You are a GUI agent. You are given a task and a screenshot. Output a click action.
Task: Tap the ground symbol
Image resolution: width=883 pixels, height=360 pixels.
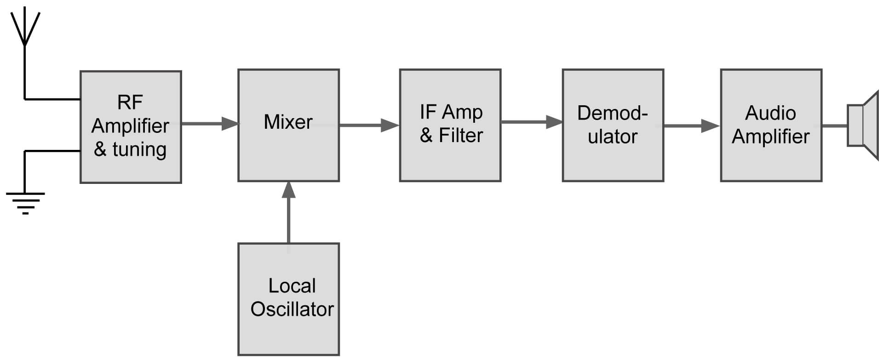click(25, 203)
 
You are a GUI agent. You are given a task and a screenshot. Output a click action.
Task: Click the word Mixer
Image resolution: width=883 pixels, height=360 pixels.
click(288, 122)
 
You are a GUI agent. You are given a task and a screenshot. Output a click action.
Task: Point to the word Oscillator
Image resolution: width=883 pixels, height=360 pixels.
click(292, 309)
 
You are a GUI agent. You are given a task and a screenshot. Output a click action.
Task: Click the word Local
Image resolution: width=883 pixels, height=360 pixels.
click(292, 286)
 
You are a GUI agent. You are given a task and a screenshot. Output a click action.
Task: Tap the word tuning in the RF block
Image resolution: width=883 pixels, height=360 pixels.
click(139, 149)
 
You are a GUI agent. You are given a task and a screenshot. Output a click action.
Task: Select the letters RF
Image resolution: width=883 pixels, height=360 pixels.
click(130, 102)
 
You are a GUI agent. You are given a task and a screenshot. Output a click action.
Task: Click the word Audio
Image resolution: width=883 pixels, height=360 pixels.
click(770, 113)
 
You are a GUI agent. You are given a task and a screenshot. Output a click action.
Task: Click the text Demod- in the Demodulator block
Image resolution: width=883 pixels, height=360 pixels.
click(612, 113)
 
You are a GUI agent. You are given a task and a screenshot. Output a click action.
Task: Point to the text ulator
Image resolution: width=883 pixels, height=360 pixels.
click(612, 137)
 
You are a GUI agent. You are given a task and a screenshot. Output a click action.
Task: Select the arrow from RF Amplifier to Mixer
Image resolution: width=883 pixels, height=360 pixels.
click(210, 124)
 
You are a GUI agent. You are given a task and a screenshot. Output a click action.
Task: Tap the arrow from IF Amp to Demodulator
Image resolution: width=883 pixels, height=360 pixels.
click(532, 122)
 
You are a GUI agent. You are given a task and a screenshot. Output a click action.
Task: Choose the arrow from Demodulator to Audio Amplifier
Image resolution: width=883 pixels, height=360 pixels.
click(691, 126)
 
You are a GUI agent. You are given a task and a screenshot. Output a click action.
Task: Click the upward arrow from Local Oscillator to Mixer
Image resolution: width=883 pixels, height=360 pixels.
click(288, 211)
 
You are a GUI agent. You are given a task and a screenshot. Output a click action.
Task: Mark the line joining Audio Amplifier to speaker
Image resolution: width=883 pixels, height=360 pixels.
click(834, 126)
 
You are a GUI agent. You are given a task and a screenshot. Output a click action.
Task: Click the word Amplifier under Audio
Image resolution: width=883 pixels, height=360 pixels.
click(770, 137)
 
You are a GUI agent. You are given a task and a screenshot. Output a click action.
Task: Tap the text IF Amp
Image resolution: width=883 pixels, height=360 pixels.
click(451, 112)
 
